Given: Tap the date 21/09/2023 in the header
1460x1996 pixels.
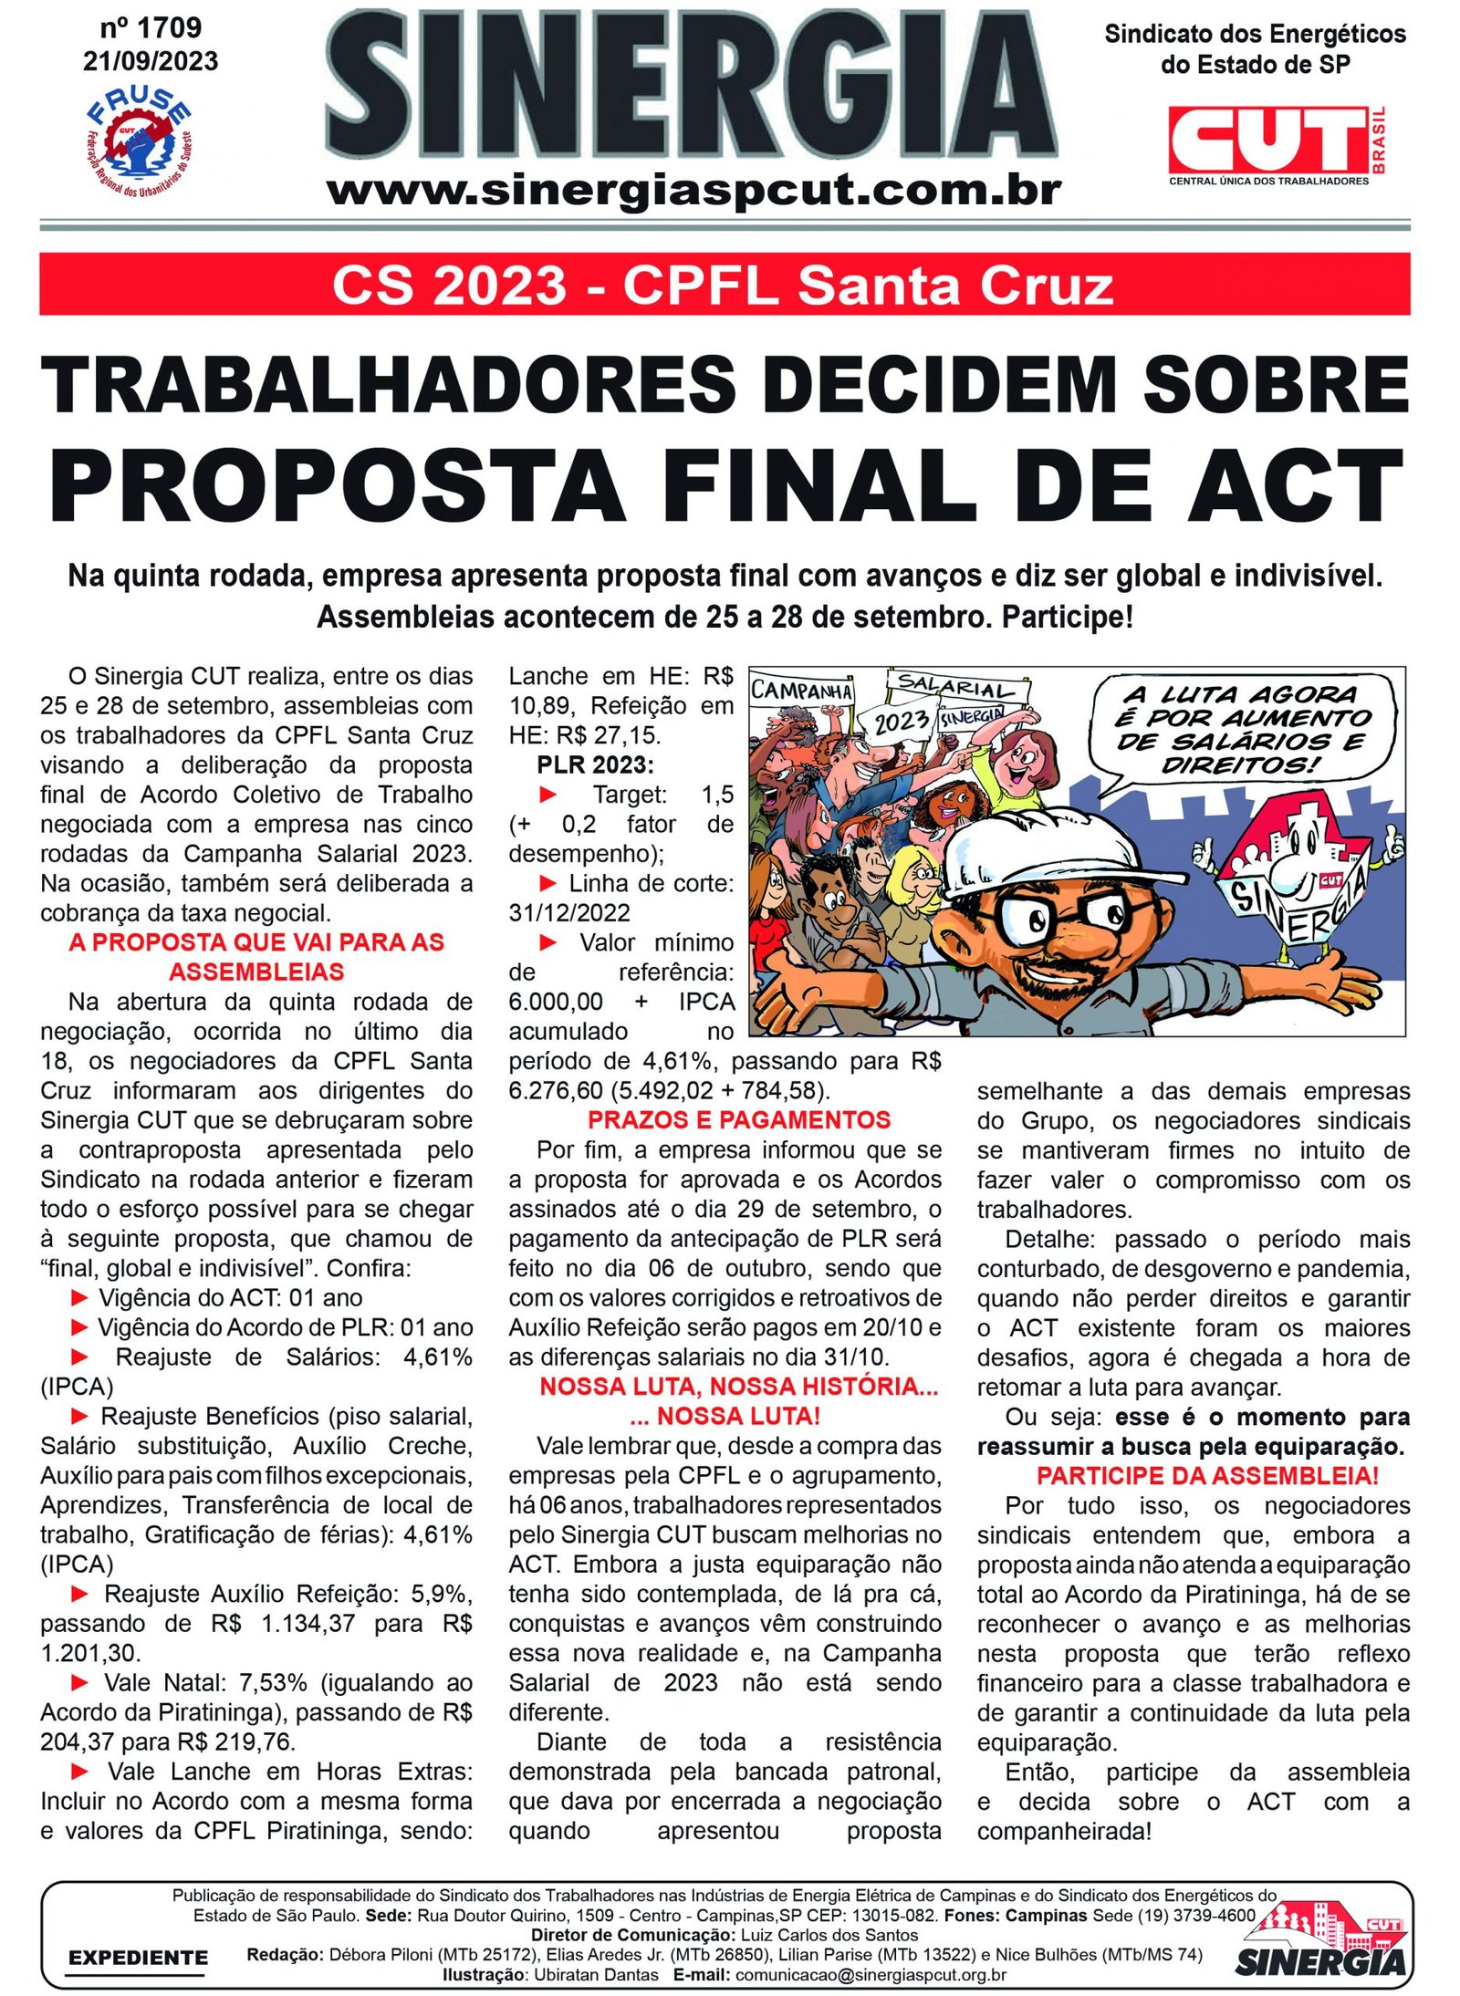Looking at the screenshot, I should [151, 61].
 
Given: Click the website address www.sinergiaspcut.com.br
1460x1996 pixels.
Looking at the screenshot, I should [693, 191].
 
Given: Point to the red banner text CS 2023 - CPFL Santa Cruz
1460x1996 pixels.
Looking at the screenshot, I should [723, 285].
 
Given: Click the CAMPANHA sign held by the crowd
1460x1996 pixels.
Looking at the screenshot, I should [801, 690].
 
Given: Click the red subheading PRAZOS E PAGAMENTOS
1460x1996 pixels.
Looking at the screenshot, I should [738, 1119].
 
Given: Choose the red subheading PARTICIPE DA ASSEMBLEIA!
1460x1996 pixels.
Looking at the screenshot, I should [1206, 1476].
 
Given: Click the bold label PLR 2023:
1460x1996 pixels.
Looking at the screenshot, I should [595, 764].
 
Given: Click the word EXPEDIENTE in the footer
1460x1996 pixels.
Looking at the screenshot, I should [138, 1957].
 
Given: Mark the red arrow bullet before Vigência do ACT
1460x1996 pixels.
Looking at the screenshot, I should [79, 1297].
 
